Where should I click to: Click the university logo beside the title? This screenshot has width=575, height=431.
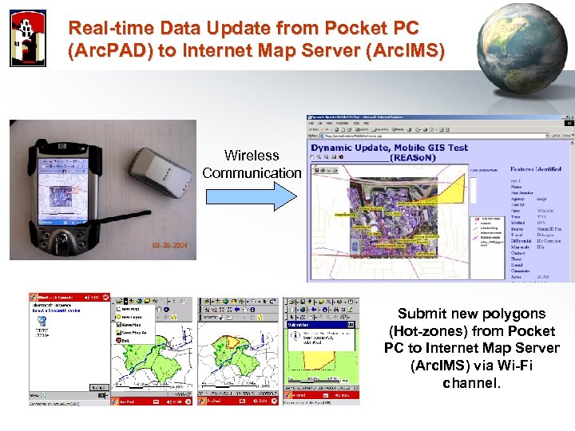click(28, 38)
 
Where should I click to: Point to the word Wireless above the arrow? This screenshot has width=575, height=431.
click(252, 156)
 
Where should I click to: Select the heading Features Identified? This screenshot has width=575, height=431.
click(535, 169)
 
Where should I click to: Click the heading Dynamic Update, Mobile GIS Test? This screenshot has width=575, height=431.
click(389, 147)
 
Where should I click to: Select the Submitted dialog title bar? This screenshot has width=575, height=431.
click(317, 325)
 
